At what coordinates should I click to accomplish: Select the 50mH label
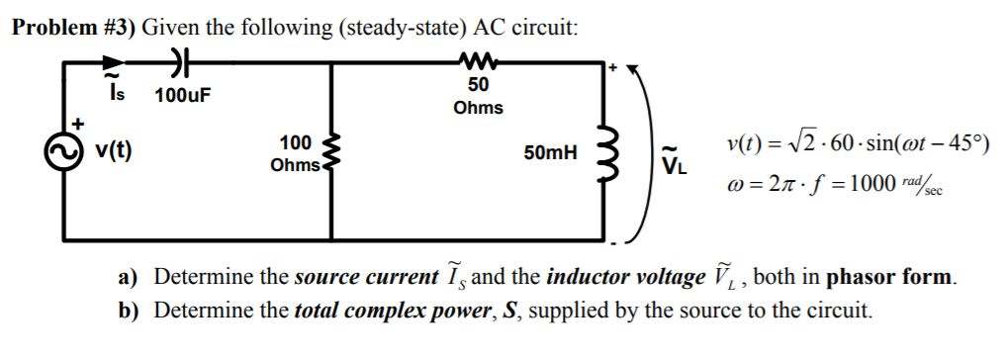551,154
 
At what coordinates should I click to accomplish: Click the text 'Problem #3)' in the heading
72,27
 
